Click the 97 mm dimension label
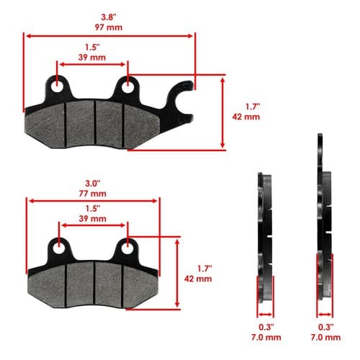[109, 27]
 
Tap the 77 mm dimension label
[93, 194]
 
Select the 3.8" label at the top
[109, 17]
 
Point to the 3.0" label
[93, 184]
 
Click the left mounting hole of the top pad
[57, 87]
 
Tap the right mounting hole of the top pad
[127, 87]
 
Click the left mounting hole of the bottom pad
[59, 248]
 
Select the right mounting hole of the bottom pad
[127, 248]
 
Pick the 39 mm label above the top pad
[92, 58]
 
